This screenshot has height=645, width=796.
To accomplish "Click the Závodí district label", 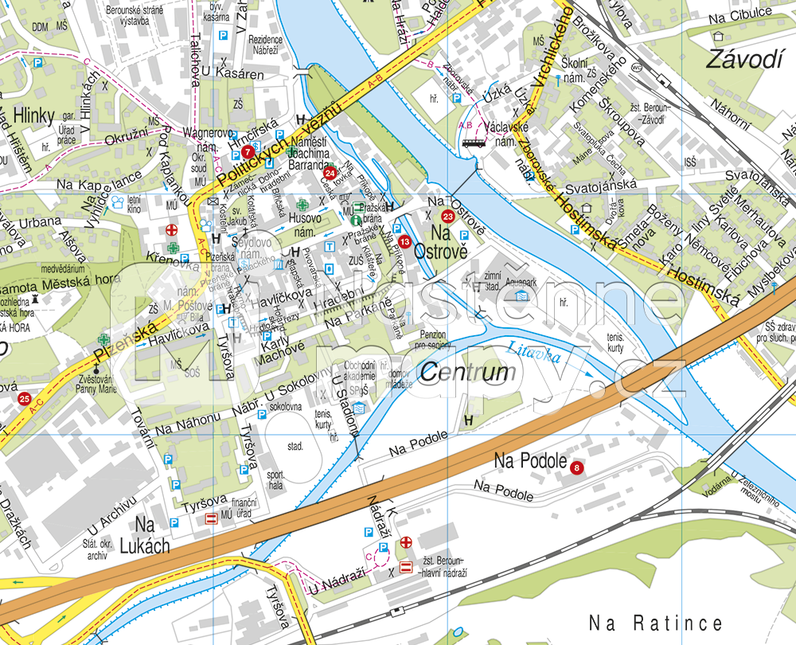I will coord(743,59).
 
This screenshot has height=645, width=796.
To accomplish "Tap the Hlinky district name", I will coord(23,113).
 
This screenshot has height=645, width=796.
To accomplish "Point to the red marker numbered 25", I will coord(25,399).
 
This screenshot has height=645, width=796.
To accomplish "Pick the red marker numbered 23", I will coord(448,217).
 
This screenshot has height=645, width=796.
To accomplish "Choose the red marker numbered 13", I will coord(405,241).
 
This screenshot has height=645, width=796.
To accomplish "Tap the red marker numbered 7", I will coord(248,150).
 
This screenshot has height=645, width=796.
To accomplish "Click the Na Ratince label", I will coord(656,623).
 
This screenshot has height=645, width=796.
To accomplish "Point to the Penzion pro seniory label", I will coord(430,340).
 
